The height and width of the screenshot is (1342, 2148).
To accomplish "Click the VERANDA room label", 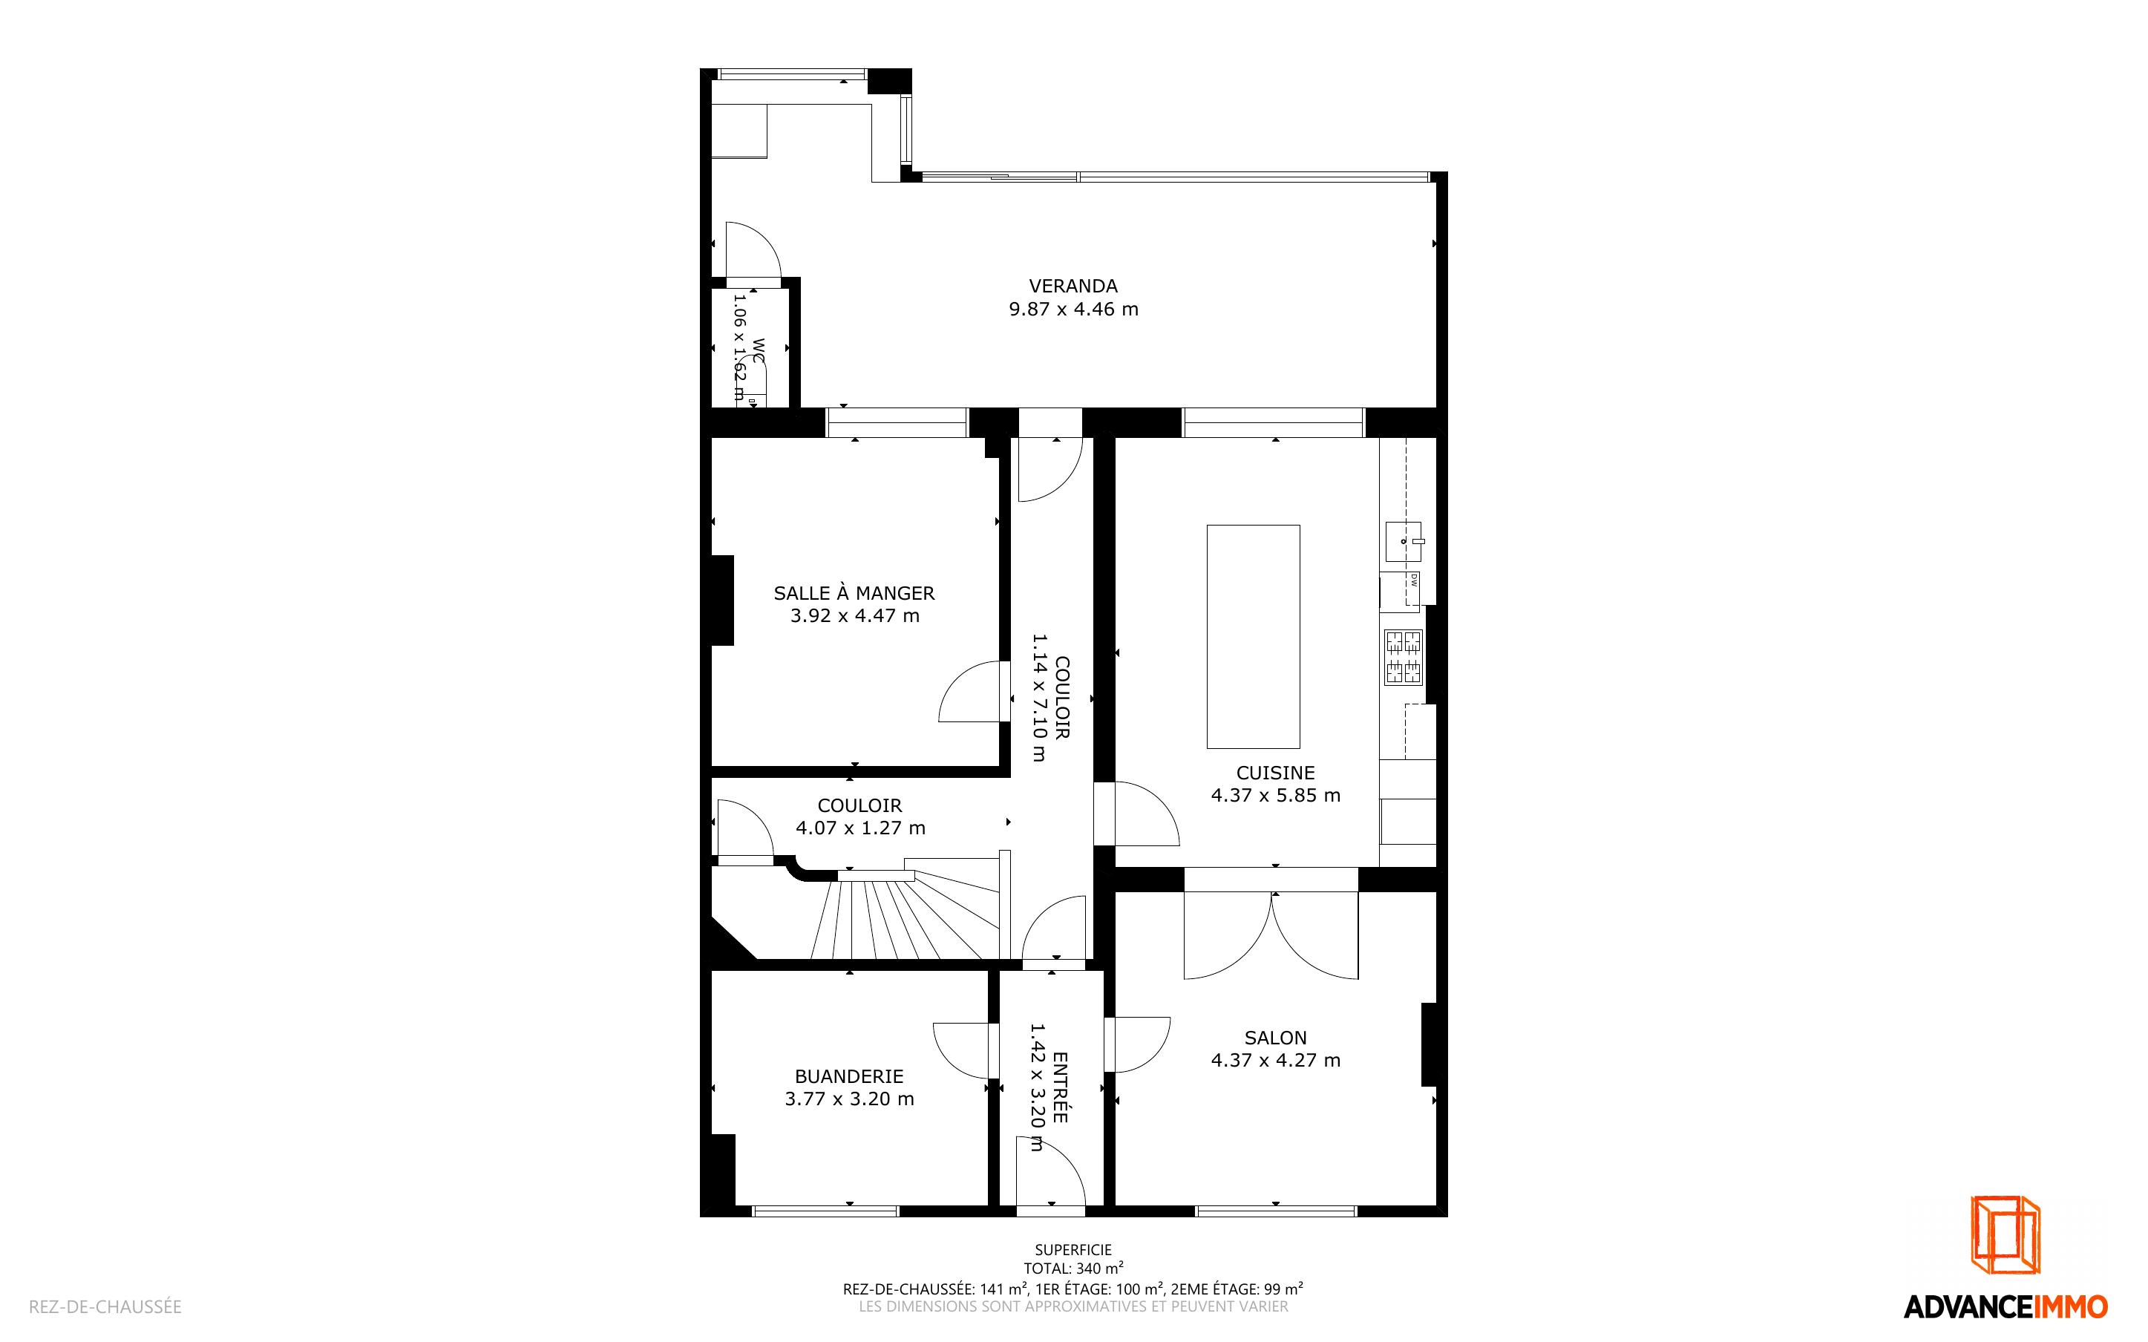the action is [x=1073, y=286].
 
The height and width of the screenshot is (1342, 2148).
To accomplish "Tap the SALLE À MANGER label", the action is [x=854, y=592].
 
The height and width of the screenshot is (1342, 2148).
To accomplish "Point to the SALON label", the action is [x=1275, y=1038].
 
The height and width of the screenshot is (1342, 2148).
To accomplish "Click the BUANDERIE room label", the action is [x=849, y=1076].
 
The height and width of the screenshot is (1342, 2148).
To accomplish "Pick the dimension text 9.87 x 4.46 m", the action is [x=1073, y=309].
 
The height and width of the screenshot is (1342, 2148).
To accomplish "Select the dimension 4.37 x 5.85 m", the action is [x=1275, y=795].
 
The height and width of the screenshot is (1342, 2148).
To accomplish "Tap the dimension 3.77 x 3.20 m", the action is [x=849, y=1099].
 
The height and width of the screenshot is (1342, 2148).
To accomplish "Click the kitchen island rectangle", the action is [x=1253, y=636].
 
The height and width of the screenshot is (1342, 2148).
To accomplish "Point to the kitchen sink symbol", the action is [x=1404, y=541].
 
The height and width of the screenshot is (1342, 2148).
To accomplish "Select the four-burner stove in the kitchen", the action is [x=1404, y=657].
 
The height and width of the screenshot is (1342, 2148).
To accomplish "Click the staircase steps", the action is [x=905, y=914].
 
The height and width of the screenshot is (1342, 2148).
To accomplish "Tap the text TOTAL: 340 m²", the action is [x=1073, y=1269].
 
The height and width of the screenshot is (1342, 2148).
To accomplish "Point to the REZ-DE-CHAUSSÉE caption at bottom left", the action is [x=105, y=1306].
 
